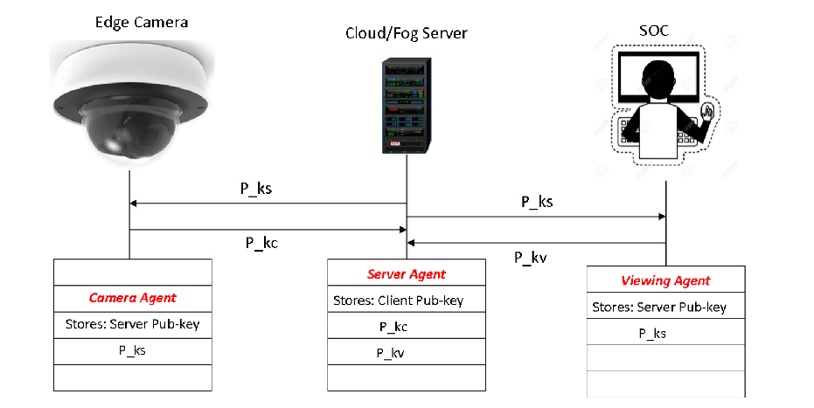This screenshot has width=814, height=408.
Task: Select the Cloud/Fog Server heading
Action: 407,33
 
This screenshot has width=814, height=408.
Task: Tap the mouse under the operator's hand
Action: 711,114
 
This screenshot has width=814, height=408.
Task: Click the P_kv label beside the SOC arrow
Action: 530,258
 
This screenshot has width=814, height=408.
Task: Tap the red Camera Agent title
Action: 132,298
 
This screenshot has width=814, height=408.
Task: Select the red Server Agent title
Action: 407,274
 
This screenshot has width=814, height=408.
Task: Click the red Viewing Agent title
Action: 665,280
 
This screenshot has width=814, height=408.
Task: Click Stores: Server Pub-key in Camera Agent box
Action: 132,324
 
